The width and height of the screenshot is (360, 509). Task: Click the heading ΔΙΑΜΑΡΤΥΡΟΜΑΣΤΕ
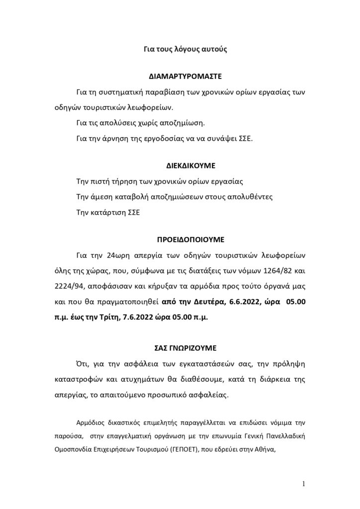185,78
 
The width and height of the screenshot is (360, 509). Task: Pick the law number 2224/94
68,287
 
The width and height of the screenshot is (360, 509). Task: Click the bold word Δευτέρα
198,301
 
